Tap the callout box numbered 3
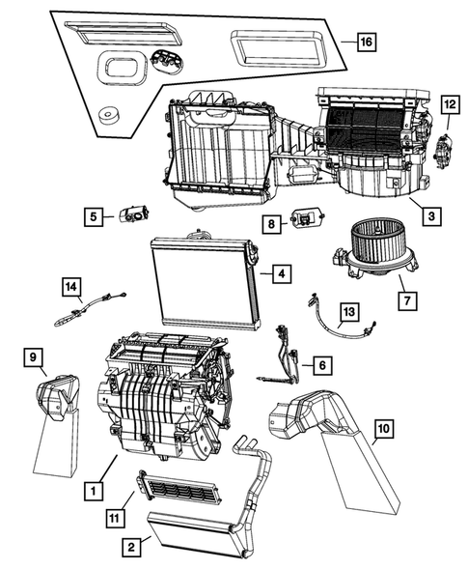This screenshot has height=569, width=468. coord(431,216)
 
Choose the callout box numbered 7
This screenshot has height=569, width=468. coord(408,299)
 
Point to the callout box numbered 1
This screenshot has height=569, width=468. coord(93,491)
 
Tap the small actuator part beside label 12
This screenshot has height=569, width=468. coord(445,149)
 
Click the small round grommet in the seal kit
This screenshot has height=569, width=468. coord(108,115)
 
